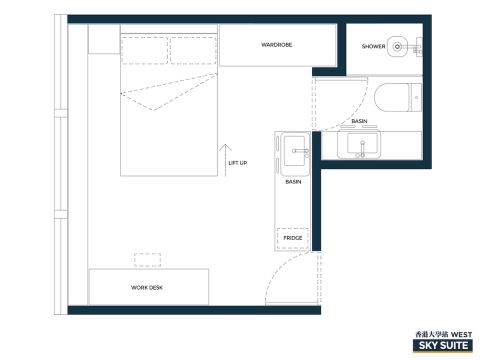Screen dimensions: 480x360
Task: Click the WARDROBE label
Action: click(x=277, y=45)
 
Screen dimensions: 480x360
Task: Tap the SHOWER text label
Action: click(x=373, y=46)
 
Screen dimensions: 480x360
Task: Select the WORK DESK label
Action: click(x=147, y=288)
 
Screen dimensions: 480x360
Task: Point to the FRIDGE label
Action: click(x=293, y=238)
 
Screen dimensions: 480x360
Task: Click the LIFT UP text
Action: click(x=238, y=163)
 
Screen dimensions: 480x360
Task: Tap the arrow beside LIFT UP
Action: click(x=226, y=160)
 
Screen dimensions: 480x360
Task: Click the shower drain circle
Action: click(x=397, y=47)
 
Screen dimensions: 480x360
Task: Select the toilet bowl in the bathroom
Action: click(x=392, y=98)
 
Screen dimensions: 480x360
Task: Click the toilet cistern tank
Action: click(x=417, y=98)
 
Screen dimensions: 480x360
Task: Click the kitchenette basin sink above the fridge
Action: click(x=295, y=154)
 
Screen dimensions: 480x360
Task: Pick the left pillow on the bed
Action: click(x=144, y=50)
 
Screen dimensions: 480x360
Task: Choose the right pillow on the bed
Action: click(x=193, y=50)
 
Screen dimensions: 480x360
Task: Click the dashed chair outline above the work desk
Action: click(x=148, y=260)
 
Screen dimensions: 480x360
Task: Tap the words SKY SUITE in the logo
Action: click(x=443, y=346)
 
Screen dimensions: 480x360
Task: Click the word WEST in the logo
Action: click(x=461, y=334)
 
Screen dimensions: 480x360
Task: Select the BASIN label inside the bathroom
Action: click(x=359, y=121)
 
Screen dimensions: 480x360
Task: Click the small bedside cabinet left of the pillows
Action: click(x=104, y=39)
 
